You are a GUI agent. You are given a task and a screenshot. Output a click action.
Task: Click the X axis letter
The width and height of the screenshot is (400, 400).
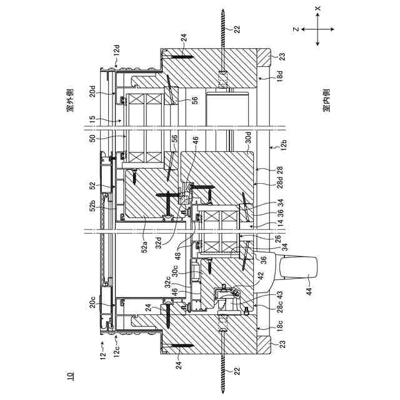(x=317, y=9)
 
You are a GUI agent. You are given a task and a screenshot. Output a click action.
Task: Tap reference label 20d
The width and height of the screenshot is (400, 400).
(x=92, y=97)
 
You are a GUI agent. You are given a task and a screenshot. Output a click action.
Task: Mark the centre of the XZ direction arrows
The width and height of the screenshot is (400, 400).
(x=317, y=29)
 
